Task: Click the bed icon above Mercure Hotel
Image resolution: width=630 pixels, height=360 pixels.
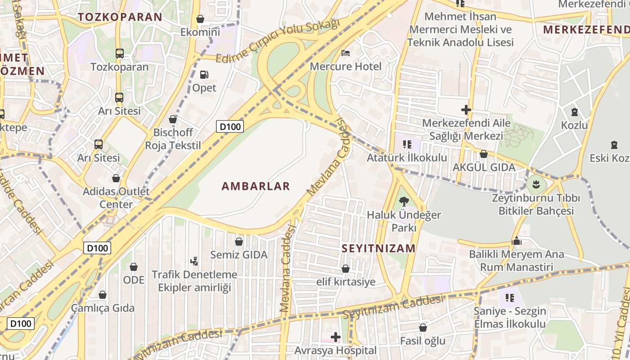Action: coord(346,53)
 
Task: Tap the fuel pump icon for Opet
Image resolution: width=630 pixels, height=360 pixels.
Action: coord(204,75)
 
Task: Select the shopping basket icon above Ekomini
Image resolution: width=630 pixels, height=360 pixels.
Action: coord(200,19)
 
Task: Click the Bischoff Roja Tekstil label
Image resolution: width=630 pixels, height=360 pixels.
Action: coord(173,139)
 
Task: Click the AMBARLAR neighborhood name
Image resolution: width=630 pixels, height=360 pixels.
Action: coord(256,186)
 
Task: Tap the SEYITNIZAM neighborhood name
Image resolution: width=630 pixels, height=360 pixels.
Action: coord(378,248)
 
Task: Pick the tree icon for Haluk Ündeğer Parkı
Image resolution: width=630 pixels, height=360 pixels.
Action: coord(404,202)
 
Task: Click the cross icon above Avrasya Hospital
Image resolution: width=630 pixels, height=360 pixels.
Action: coord(336,337)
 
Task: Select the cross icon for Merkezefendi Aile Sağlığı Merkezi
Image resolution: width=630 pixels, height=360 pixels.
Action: coord(466,109)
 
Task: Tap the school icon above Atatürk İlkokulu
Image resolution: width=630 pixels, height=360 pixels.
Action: coord(407,144)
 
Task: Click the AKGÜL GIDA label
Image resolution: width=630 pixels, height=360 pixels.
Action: coord(484,167)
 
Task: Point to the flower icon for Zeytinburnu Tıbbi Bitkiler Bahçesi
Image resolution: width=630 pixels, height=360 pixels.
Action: coord(535,184)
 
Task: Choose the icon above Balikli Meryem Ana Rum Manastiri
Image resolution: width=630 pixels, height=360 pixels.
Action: coord(517,241)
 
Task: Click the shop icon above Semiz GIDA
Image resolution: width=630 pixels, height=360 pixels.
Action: coord(239,242)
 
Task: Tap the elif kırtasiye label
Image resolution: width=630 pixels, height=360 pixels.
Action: coord(346,282)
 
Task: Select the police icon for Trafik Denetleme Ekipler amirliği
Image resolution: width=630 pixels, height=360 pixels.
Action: coord(194,261)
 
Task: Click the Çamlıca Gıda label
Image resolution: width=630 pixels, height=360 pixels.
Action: coord(103,308)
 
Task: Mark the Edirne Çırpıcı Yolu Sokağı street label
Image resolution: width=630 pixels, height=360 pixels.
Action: coord(278,41)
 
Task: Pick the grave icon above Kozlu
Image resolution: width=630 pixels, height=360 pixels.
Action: coord(574,112)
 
